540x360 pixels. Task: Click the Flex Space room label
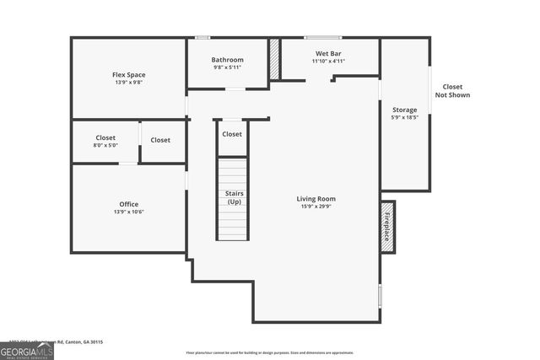[129, 74]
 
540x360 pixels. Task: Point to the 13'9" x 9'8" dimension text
[129, 83]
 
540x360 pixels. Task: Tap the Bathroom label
[227, 60]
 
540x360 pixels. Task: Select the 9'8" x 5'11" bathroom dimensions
[227, 68]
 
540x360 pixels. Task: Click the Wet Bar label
[328, 53]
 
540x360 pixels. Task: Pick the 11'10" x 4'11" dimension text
[328, 62]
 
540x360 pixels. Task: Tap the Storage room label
[404, 110]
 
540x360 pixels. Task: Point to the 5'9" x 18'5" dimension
[404, 119]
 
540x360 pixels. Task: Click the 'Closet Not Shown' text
[452, 91]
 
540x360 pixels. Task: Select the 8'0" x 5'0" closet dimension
[105, 145]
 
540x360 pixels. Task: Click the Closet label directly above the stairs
[232, 134]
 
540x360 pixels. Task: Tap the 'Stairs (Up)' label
[234, 198]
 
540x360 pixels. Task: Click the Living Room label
[316, 199]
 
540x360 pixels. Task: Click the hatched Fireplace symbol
[387, 224]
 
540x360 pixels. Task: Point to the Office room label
[128, 204]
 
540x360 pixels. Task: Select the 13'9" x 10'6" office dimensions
[128, 212]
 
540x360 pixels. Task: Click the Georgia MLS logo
[26, 351]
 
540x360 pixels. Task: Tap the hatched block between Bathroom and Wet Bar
[274, 60]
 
